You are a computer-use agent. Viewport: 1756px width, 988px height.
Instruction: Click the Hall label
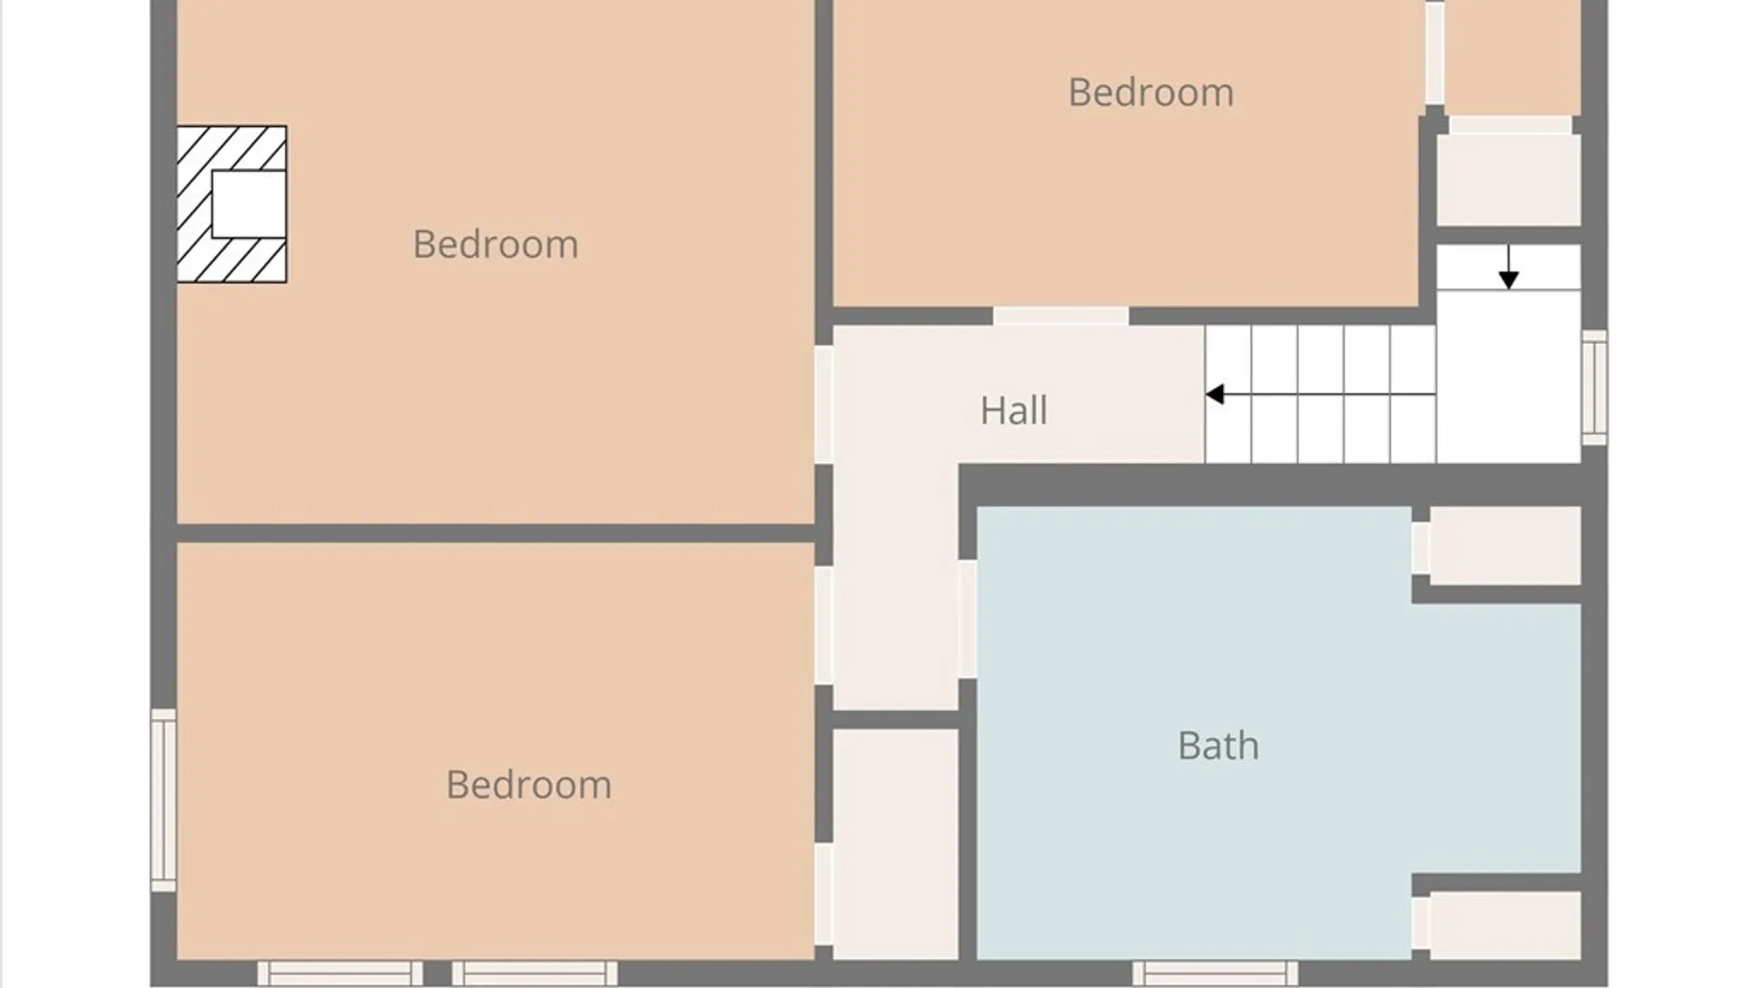pyautogui.click(x=1013, y=411)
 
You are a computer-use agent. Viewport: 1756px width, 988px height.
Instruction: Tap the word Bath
pyautogui.click(x=1218, y=746)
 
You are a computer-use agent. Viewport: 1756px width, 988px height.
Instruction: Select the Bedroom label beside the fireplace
pyautogui.click(x=496, y=244)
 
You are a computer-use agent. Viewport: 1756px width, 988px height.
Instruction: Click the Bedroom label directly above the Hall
pyautogui.click(x=1151, y=92)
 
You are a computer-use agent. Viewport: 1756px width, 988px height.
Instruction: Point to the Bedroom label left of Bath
pyautogui.click(x=529, y=785)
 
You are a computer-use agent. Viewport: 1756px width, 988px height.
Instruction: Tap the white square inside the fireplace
pyautogui.click(x=249, y=204)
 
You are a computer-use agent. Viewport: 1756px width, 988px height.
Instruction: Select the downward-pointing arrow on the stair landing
pyautogui.click(x=1508, y=267)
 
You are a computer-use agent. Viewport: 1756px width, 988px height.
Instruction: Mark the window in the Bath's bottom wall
pyautogui.click(x=1215, y=973)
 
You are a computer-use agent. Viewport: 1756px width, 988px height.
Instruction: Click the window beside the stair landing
pyautogui.click(x=1594, y=388)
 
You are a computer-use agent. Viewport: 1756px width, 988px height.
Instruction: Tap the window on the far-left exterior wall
pyautogui.click(x=164, y=800)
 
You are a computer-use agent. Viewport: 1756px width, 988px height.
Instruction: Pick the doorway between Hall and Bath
pyautogui.click(x=968, y=619)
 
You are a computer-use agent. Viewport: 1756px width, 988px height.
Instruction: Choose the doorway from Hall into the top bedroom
pyautogui.click(x=1061, y=317)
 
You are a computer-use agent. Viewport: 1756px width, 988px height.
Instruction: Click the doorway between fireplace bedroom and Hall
pyautogui.click(x=824, y=404)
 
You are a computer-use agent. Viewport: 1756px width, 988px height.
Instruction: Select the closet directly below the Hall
pyautogui.click(x=895, y=844)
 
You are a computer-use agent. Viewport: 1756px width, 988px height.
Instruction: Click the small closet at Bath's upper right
pyautogui.click(x=1505, y=545)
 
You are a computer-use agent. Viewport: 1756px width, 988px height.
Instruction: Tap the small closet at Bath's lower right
pyautogui.click(x=1505, y=926)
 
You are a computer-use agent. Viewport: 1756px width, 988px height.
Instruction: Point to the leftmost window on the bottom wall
pyautogui.click(x=340, y=973)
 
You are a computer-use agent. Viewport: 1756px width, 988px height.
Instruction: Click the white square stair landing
pyautogui.click(x=1509, y=376)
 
